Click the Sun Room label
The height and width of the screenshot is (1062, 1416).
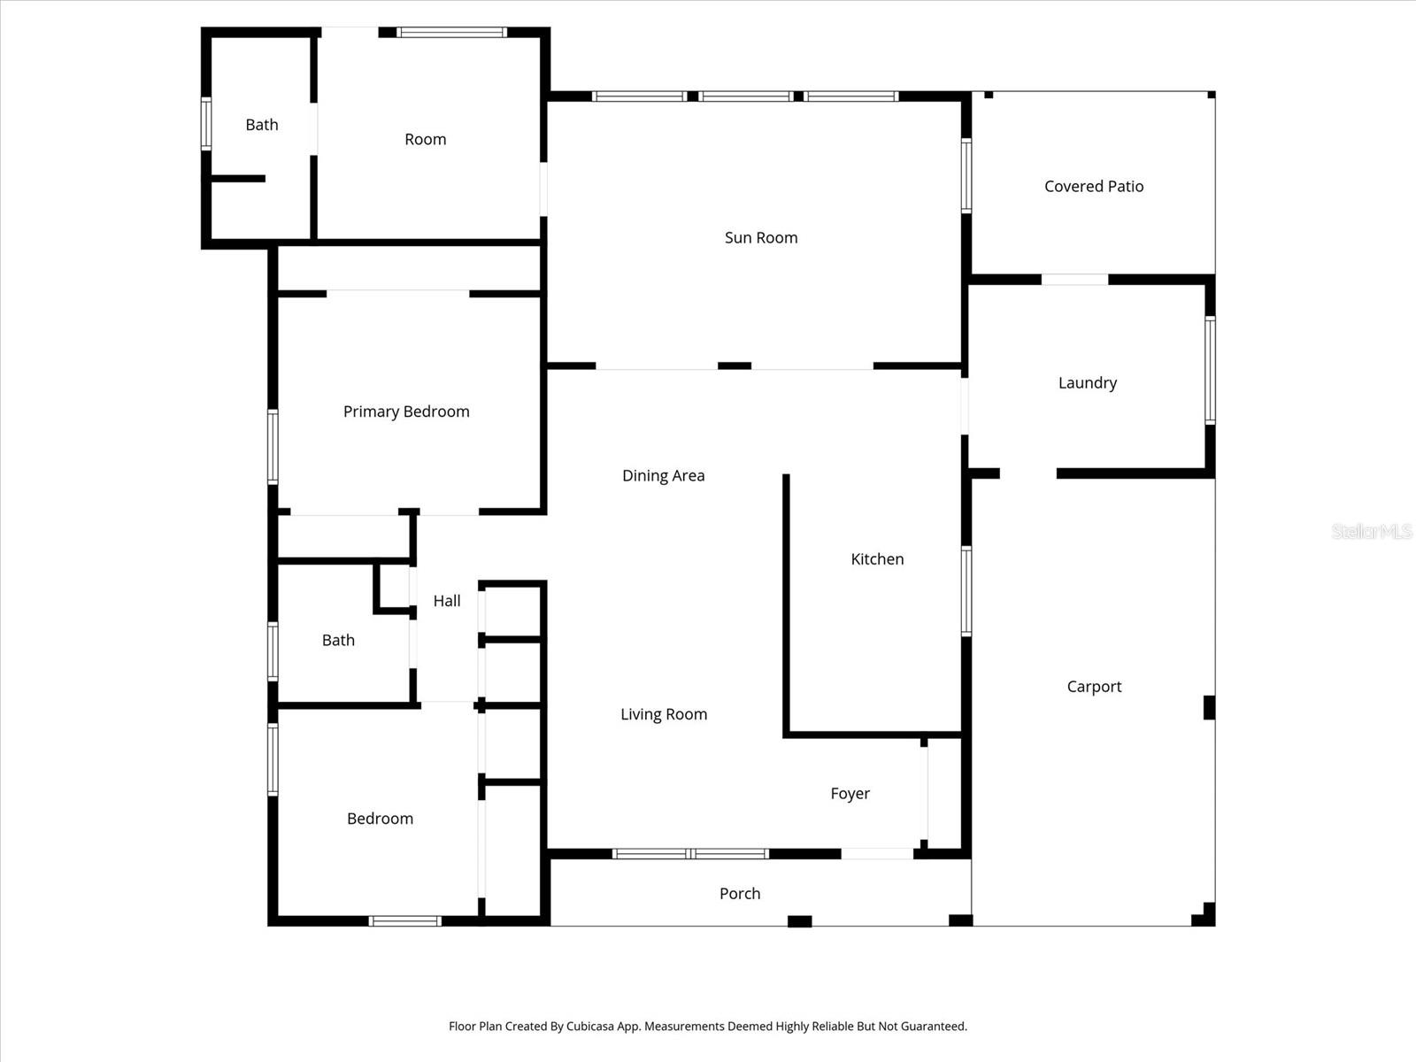coord(761,237)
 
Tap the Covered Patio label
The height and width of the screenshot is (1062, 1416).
coord(1094,186)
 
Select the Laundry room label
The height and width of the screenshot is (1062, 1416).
coord(1088,382)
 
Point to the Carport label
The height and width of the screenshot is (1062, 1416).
coord(1094,686)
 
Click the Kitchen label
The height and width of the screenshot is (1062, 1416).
coord(877,558)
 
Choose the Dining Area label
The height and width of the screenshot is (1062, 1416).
coord(663,475)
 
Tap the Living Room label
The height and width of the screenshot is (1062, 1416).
coord(664,714)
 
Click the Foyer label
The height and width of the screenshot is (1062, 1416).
coord(850,793)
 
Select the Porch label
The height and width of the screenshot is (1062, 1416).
coord(740,893)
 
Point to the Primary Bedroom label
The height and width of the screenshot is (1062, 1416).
coord(406,411)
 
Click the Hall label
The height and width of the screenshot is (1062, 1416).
coord(447,600)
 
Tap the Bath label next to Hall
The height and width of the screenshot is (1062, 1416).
coord(338,640)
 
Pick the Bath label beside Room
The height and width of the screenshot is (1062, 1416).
coord(262,125)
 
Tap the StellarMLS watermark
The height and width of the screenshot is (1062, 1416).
coord(1372,531)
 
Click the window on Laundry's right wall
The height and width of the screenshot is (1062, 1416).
coord(1210,370)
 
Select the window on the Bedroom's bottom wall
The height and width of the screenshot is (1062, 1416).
coord(404,921)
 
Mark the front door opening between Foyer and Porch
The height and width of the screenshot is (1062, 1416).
coord(876,854)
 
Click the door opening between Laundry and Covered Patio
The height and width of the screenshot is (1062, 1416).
coord(1074,280)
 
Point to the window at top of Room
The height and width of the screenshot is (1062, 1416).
coord(451,33)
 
